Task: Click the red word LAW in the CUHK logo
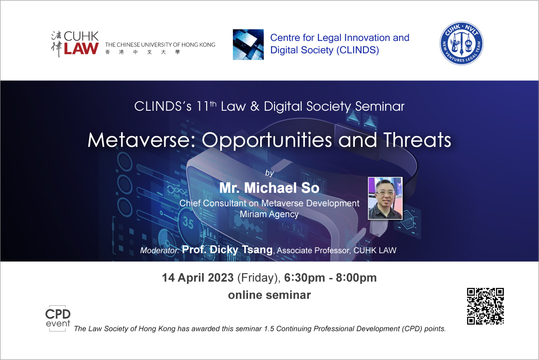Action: [x=81, y=49]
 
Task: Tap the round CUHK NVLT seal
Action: [x=461, y=43]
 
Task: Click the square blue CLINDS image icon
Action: [x=248, y=45]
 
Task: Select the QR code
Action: [x=485, y=306]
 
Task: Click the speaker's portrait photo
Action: [x=385, y=198]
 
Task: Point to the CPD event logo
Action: [x=58, y=318]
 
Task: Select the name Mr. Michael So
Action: [x=269, y=188]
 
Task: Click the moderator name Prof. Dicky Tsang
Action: [x=227, y=250]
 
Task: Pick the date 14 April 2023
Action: [x=198, y=277]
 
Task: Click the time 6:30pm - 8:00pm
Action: [x=331, y=277]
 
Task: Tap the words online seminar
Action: [x=269, y=295]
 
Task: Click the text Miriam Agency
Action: [x=269, y=214]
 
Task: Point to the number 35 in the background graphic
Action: [x=188, y=223]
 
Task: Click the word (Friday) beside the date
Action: [x=259, y=278]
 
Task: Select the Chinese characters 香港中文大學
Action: [x=142, y=52]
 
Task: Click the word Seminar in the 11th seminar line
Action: [x=380, y=106]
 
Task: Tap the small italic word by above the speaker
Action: [x=269, y=173]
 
